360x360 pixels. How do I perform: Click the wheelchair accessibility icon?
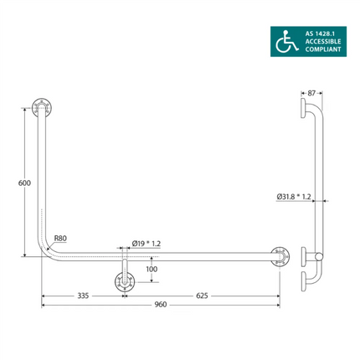click(286, 39)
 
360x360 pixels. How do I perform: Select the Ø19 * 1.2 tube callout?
click(146, 243)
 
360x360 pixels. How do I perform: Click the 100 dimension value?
click(151, 270)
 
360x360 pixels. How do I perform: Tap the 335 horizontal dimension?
click(82, 295)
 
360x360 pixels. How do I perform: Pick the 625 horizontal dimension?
click(203, 295)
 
